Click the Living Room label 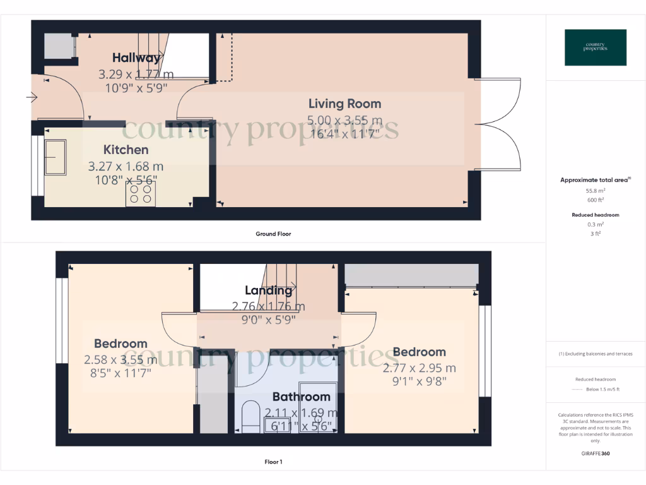(344, 104)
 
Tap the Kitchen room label (126, 150)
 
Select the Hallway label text (136, 58)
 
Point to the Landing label (269, 290)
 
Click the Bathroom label (301, 397)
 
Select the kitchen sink (55, 157)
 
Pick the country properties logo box (596, 47)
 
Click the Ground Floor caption (273, 234)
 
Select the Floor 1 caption (273, 462)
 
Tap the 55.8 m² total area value (596, 190)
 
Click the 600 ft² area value (596, 200)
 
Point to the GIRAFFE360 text (596, 453)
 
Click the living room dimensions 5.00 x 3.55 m (344, 120)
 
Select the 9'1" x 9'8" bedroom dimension (419, 381)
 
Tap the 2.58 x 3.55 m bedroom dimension (120, 360)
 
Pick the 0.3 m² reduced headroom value (596, 224)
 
